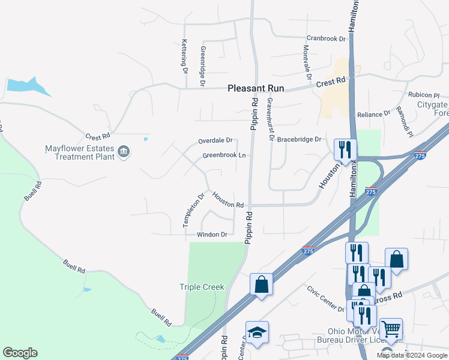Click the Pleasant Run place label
pos(255,88)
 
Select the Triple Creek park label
pos(202,287)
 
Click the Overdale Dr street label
pos(215,140)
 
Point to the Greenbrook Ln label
pos(224,155)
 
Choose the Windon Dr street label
pos(212,235)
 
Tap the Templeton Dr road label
pos(194,209)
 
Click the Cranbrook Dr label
pos(327,38)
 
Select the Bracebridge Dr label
pos(300,139)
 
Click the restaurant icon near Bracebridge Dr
pos(345,149)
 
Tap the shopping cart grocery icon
pos(391,329)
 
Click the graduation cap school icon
pos(257,332)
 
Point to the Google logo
pos(20,353)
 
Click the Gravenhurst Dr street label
pos(271,119)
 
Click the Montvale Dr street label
pos(307,62)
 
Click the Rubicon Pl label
pos(424,95)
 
